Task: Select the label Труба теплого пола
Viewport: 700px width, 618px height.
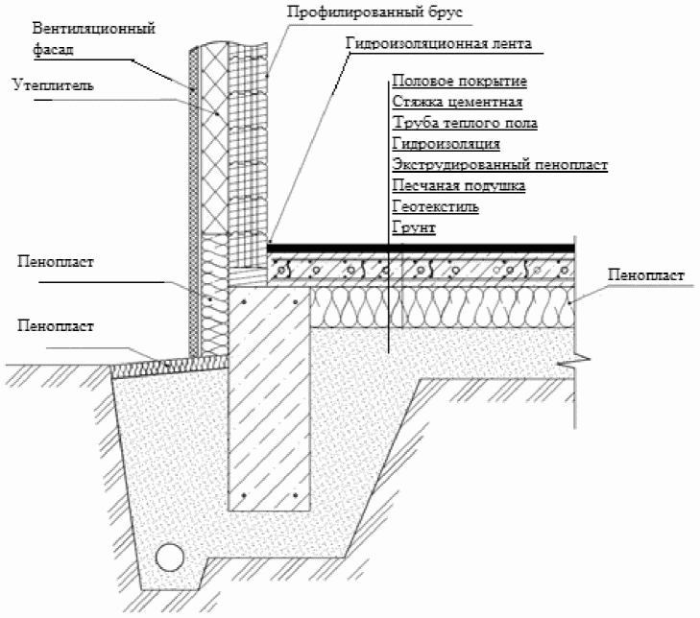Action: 465,124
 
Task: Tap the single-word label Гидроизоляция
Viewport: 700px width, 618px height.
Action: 446,144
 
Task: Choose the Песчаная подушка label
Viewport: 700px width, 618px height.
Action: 458,186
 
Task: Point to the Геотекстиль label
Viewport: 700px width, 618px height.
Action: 436,206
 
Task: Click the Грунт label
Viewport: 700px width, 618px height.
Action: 414,227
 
